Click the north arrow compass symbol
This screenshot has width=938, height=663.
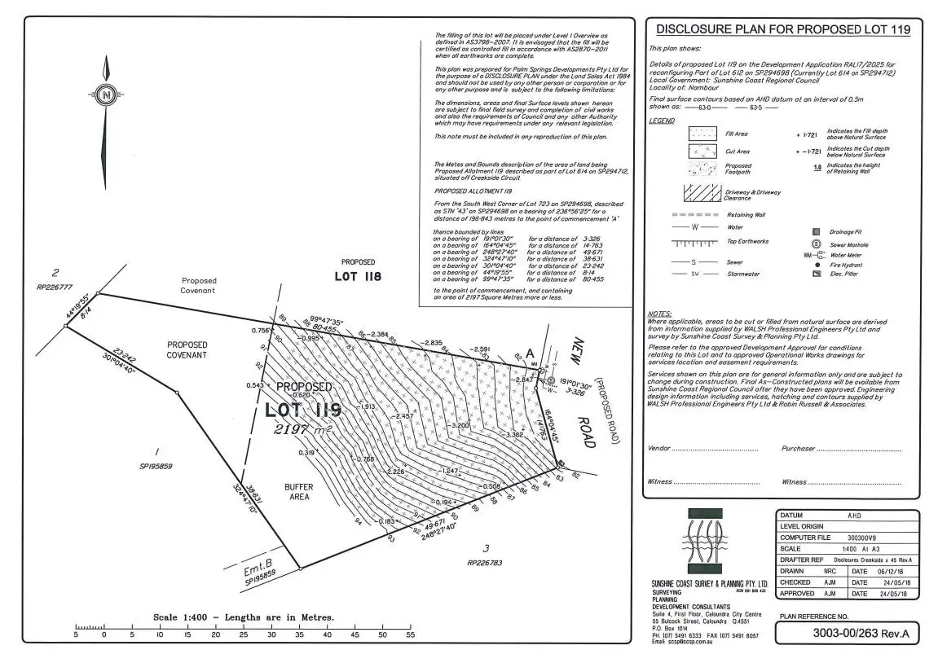coord(105,95)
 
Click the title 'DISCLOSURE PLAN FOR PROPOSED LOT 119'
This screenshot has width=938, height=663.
coord(783,30)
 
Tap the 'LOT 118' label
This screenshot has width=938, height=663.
coord(357,276)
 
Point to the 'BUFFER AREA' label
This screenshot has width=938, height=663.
coord(299,492)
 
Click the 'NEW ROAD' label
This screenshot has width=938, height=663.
coord(585,391)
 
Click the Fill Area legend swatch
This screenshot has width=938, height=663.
coord(702,134)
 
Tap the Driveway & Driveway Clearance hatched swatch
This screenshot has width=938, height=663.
coord(702,192)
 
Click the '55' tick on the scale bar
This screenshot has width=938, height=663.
coord(411,634)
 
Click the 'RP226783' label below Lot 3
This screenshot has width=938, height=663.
coord(487,562)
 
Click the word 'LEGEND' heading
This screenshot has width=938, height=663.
coord(661,121)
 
